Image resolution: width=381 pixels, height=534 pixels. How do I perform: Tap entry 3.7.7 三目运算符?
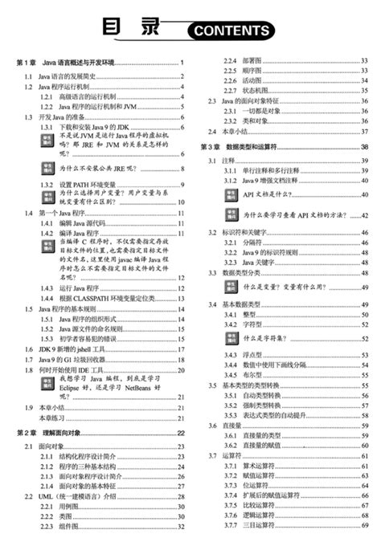coord(249,527)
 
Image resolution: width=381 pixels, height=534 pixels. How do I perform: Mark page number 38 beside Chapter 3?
coord(364,147)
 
